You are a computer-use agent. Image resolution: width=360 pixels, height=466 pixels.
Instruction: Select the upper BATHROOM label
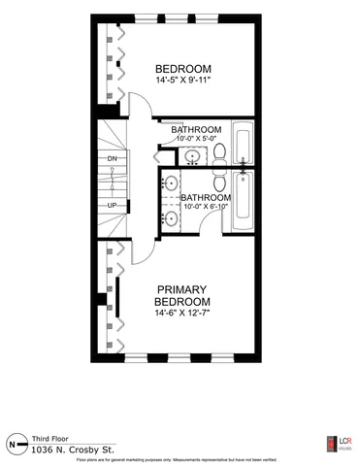(x=197, y=129)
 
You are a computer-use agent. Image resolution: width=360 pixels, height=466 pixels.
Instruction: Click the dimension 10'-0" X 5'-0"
(x=197, y=140)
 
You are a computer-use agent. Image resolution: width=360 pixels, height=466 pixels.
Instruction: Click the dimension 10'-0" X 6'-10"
(x=206, y=206)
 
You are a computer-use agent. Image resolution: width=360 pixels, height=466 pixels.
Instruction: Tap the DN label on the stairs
(x=113, y=157)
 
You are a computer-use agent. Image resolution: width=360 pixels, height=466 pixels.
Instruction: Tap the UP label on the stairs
(x=113, y=205)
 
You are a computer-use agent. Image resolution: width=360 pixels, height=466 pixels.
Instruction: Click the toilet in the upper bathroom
(x=219, y=151)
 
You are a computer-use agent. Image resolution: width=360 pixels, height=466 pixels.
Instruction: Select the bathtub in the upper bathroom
(x=243, y=142)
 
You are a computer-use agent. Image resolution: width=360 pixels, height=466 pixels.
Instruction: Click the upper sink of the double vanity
(x=172, y=182)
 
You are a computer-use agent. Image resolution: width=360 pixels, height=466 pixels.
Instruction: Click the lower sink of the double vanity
(x=172, y=218)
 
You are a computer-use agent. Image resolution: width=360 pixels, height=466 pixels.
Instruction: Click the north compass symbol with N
(x=13, y=445)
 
